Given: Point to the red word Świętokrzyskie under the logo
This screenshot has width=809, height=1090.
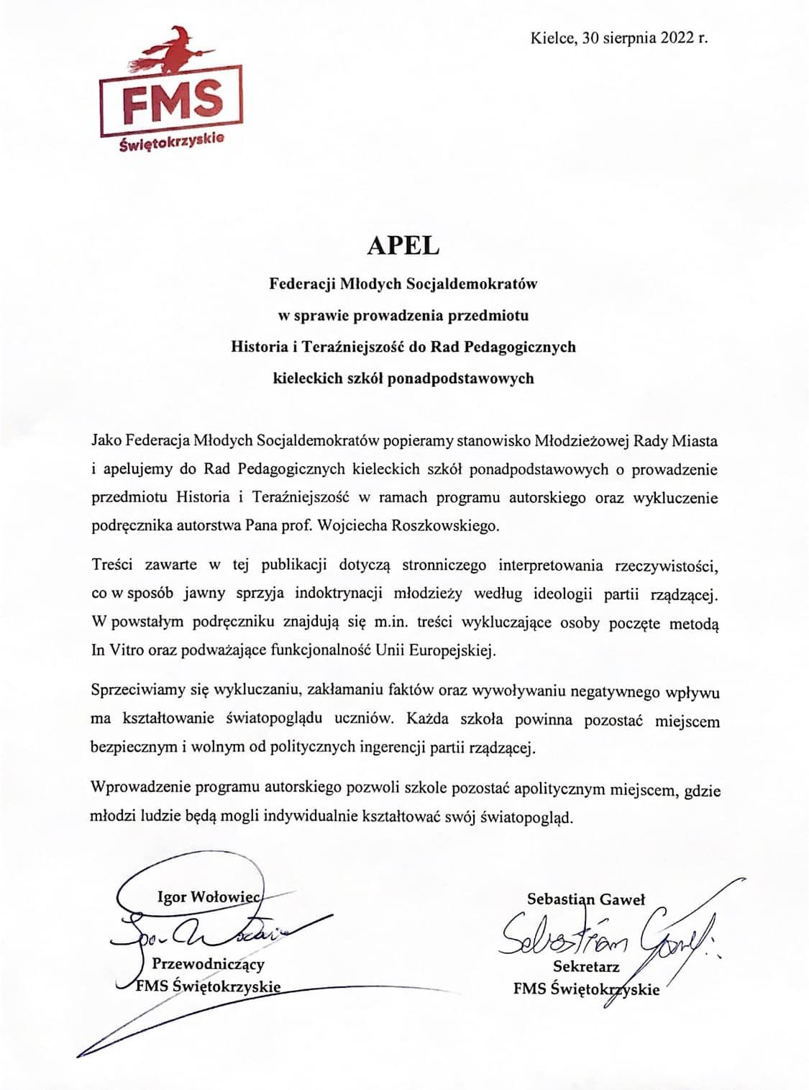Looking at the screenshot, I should (x=172, y=142).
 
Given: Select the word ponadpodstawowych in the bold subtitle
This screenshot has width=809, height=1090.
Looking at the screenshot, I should (x=460, y=378).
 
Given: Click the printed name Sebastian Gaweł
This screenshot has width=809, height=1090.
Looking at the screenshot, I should (x=586, y=899).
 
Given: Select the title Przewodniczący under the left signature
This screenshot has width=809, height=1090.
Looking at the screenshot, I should (x=208, y=963).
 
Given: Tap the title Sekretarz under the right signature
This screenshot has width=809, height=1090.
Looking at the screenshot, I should (x=586, y=966).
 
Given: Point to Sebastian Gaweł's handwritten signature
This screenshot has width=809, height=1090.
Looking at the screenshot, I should (x=604, y=933).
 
